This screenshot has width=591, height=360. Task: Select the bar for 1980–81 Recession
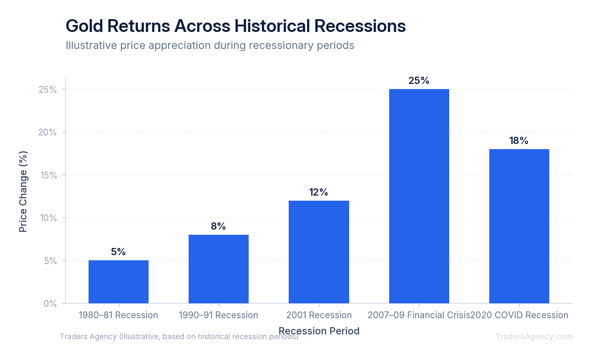[118, 282]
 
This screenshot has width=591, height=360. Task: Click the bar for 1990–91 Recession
[218, 269]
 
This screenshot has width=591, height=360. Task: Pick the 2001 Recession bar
[318, 252]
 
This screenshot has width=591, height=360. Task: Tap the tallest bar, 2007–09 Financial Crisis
[419, 196]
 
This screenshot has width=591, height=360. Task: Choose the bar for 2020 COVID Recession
[519, 226]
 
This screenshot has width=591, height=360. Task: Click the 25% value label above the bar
[419, 81]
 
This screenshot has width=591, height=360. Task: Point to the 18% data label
[519, 141]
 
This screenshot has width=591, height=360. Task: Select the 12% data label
[318, 192]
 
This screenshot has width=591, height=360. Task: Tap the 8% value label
[218, 226]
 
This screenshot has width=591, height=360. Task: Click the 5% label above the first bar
[118, 252]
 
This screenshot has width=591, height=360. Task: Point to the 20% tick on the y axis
[48, 132]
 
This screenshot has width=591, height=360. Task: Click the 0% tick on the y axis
[50, 303]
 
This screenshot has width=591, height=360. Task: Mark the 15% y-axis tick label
[48, 175]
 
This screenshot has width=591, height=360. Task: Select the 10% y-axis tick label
[48, 218]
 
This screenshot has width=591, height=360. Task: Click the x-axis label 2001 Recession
[319, 315]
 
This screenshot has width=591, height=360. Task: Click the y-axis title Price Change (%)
[23, 191]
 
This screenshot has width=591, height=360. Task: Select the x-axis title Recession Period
[319, 331]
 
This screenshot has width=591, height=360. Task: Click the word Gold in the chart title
[85, 26]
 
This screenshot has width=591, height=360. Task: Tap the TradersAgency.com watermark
[534, 337]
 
